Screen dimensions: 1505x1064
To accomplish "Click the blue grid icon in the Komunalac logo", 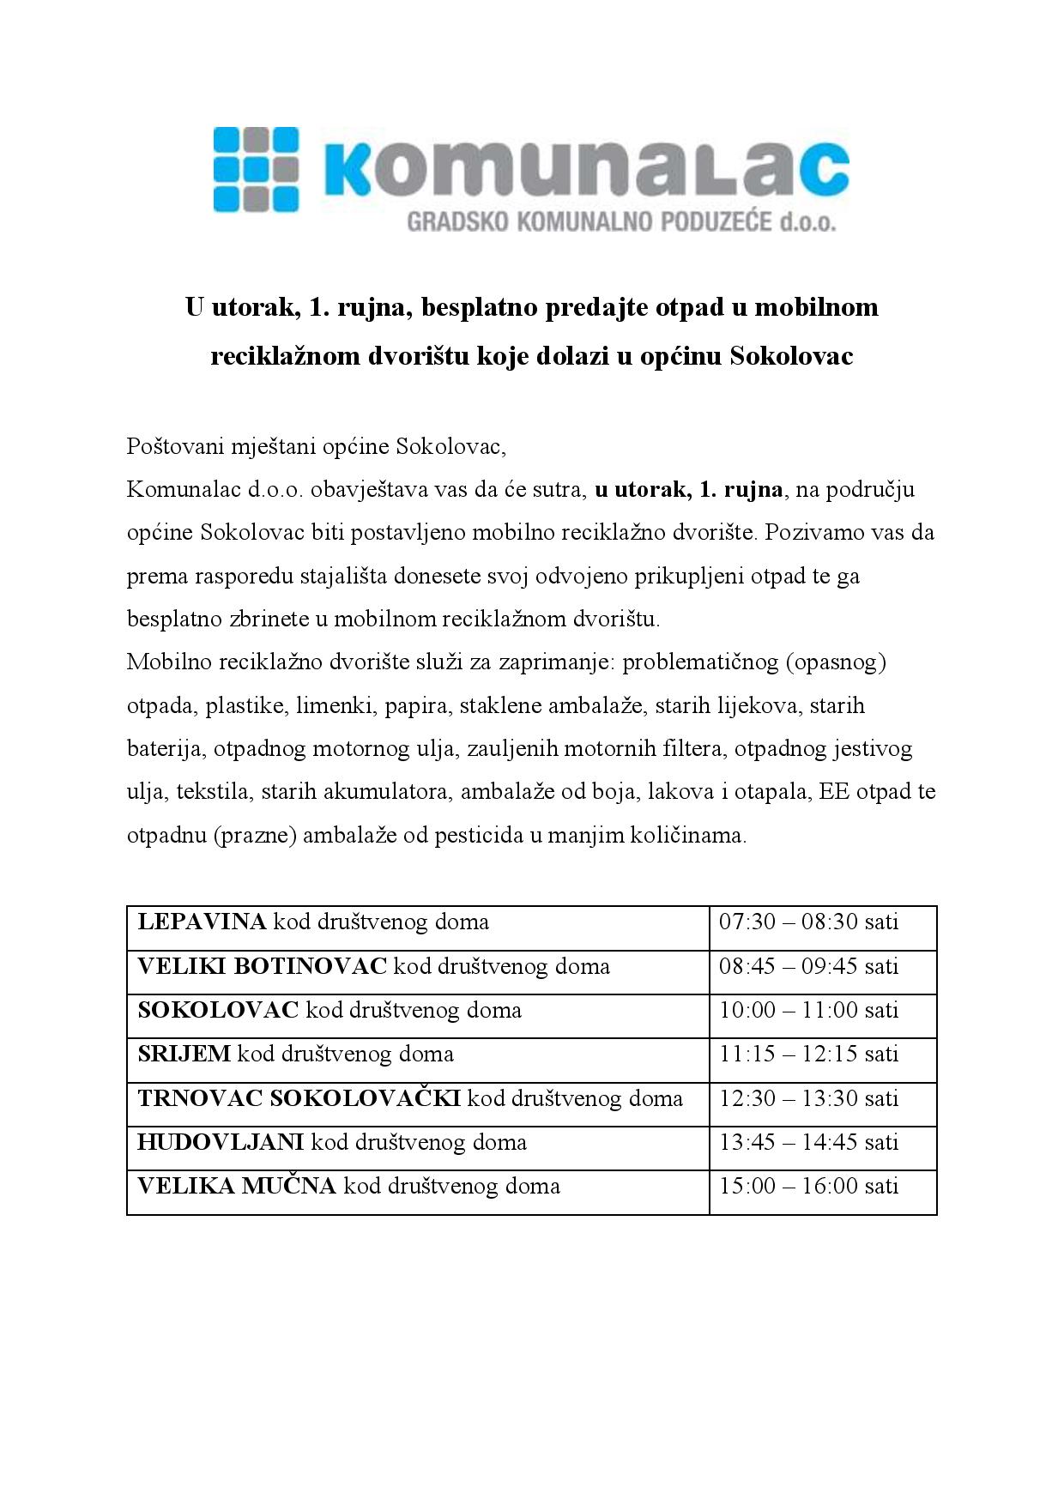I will [x=255, y=169].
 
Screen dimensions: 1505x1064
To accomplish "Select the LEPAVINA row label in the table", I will [x=203, y=922].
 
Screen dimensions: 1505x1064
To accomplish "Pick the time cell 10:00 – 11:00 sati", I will [x=808, y=1010].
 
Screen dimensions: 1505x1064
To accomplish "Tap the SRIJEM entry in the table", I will [x=184, y=1054].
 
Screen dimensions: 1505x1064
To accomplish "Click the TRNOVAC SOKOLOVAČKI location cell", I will [x=409, y=1098].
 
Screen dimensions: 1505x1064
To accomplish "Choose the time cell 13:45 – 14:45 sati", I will [x=808, y=1142].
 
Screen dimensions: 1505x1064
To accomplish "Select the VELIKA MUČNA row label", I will [x=237, y=1186].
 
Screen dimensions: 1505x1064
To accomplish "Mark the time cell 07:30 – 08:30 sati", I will [x=808, y=922].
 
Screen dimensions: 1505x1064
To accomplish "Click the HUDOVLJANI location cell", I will [x=331, y=1142].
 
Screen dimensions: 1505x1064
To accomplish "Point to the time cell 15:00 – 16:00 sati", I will [x=808, y=1186].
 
